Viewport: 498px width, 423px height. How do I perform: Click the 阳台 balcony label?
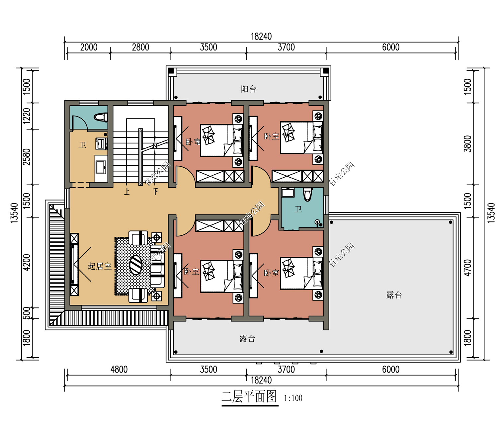[248, 89]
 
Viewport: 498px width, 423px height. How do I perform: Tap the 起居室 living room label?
[100, 266]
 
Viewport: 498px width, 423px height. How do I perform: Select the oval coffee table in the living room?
[136, 265]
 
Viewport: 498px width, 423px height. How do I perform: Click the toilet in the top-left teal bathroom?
[101, 117]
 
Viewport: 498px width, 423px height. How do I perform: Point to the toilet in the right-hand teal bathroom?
[307, 194]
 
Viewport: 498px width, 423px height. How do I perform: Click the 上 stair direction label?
[127, 192]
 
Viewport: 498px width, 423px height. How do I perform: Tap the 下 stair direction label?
[155, 192]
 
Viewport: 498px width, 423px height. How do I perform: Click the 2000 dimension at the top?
[89, 47]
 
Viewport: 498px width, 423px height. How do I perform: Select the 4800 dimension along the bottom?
[119, 369]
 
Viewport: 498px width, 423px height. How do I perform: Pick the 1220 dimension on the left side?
[27, 116]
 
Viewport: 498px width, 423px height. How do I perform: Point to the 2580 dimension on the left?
[27, 157]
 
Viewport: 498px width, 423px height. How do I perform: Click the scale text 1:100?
[293, 398]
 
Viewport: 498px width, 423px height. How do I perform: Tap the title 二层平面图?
[249, 396]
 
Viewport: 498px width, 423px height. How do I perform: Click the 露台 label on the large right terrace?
[394, 295]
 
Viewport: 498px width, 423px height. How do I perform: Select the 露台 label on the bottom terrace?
[247, 338]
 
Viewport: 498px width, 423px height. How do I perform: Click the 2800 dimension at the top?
[140, 47]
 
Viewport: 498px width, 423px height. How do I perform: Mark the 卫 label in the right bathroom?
[298, 209]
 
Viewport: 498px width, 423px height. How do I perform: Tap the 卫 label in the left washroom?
[82, 145]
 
